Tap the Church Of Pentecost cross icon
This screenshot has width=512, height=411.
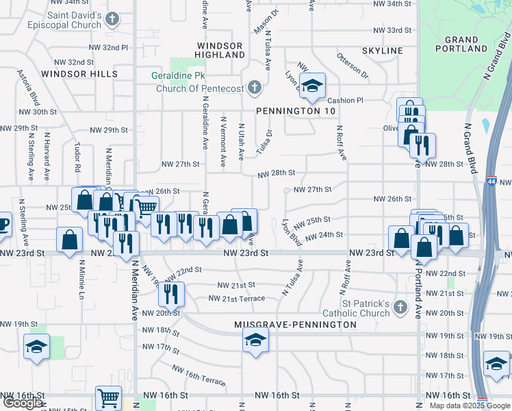coord(255,87)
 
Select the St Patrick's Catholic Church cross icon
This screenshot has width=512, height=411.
coord(401,309)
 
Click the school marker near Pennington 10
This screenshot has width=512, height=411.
coord(312,86)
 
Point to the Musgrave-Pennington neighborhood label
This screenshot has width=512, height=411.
coord(295,324)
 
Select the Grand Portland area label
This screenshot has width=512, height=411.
coord(461,45)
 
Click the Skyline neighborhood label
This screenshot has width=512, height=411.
coord(383,51)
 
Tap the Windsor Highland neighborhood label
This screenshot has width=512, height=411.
coord(219,49)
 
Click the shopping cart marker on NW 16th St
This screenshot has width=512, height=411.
coord(108,397)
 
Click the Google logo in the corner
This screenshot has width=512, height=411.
coord(23,403)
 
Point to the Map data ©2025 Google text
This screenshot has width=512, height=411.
coord(470,406)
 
